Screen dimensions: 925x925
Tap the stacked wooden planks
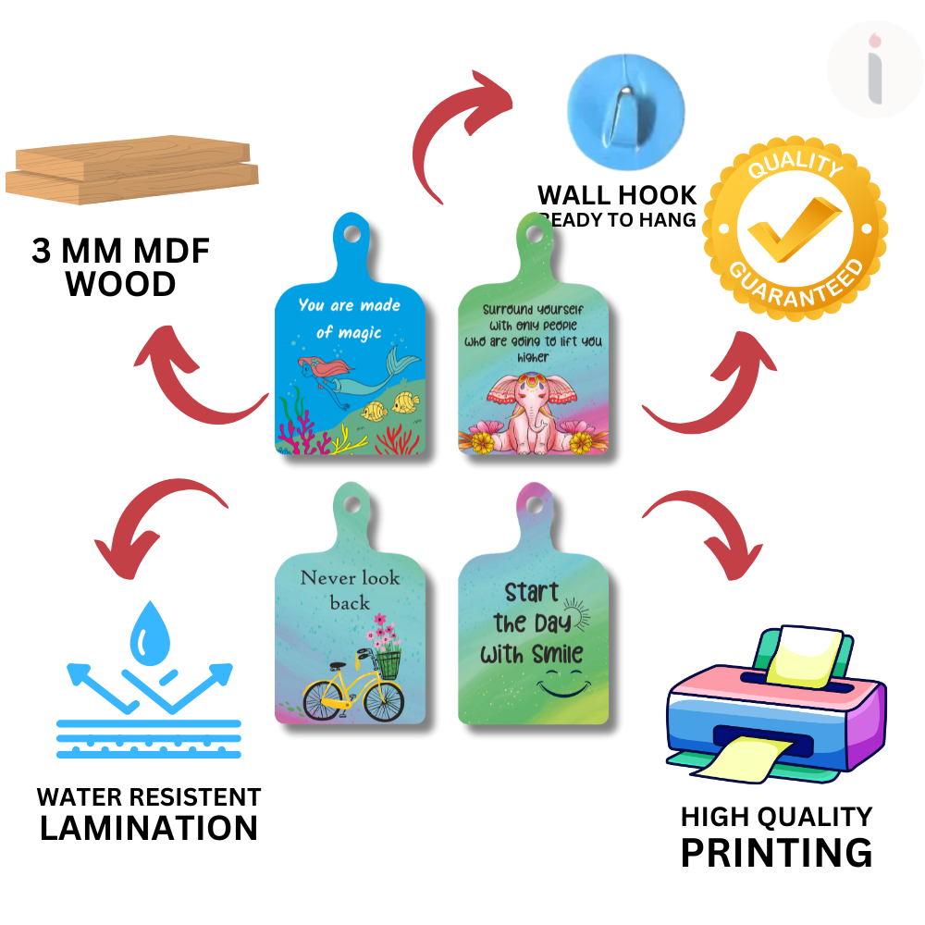pos(132,170)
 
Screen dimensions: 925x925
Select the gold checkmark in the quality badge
pos(795,227)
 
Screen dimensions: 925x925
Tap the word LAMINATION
pos(149,827)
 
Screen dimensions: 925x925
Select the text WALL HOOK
pos(617,195)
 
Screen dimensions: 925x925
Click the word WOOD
pos(121,284)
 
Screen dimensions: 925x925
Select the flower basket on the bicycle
pos(388,660)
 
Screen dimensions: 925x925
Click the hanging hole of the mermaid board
pos(352,233)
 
